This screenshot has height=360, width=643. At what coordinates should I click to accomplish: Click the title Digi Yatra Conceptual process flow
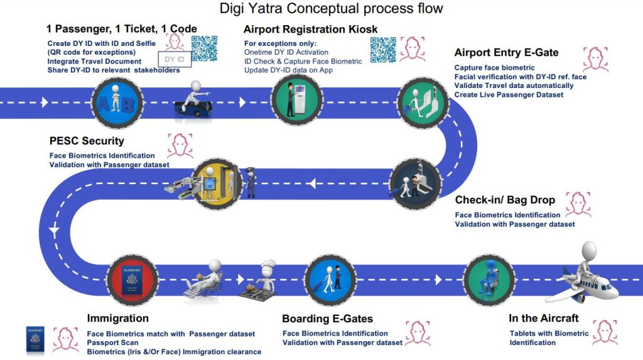pyautogui.click(x=331, y=9)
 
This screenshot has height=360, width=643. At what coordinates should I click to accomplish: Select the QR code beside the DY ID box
pyautogui.click(x=204, y=48)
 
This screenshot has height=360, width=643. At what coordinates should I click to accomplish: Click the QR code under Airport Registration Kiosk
pyautogui.click(x=383, y=51)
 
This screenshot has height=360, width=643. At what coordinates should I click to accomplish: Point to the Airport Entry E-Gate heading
pyautogui.click(x=506, y=52)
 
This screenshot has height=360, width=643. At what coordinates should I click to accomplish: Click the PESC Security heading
pyautogui.click(x=87, y=141)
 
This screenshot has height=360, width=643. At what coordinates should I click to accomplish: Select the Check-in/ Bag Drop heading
pyautogui.click(x=505, y=200)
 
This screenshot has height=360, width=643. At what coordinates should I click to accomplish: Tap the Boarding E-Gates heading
pyautogui.click(x=327, y=319)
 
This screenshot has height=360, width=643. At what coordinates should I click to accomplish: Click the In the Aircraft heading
pyautogui.click(x=544, y=318)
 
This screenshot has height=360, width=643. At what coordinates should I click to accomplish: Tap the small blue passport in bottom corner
pyautogui.click(x=35, y=339)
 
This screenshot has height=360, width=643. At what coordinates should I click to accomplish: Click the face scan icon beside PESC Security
pyautogui.click(x=179, y=146)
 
